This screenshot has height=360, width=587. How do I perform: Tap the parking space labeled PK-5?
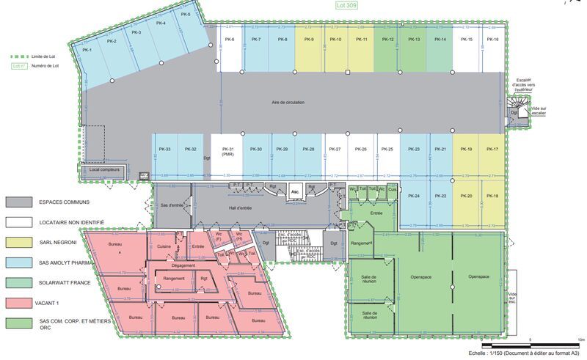(185, 15)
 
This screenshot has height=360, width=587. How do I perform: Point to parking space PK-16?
(492, 40)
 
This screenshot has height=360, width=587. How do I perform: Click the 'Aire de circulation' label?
(288, 103)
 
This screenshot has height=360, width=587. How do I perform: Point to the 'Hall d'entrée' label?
(239, 208)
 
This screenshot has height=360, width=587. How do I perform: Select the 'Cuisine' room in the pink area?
(164, 247)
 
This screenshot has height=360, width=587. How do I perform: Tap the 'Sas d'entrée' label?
(171, 206)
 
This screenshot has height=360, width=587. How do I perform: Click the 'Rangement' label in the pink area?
(174, 279)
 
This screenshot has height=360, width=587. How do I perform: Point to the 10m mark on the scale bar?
(580, 339)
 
